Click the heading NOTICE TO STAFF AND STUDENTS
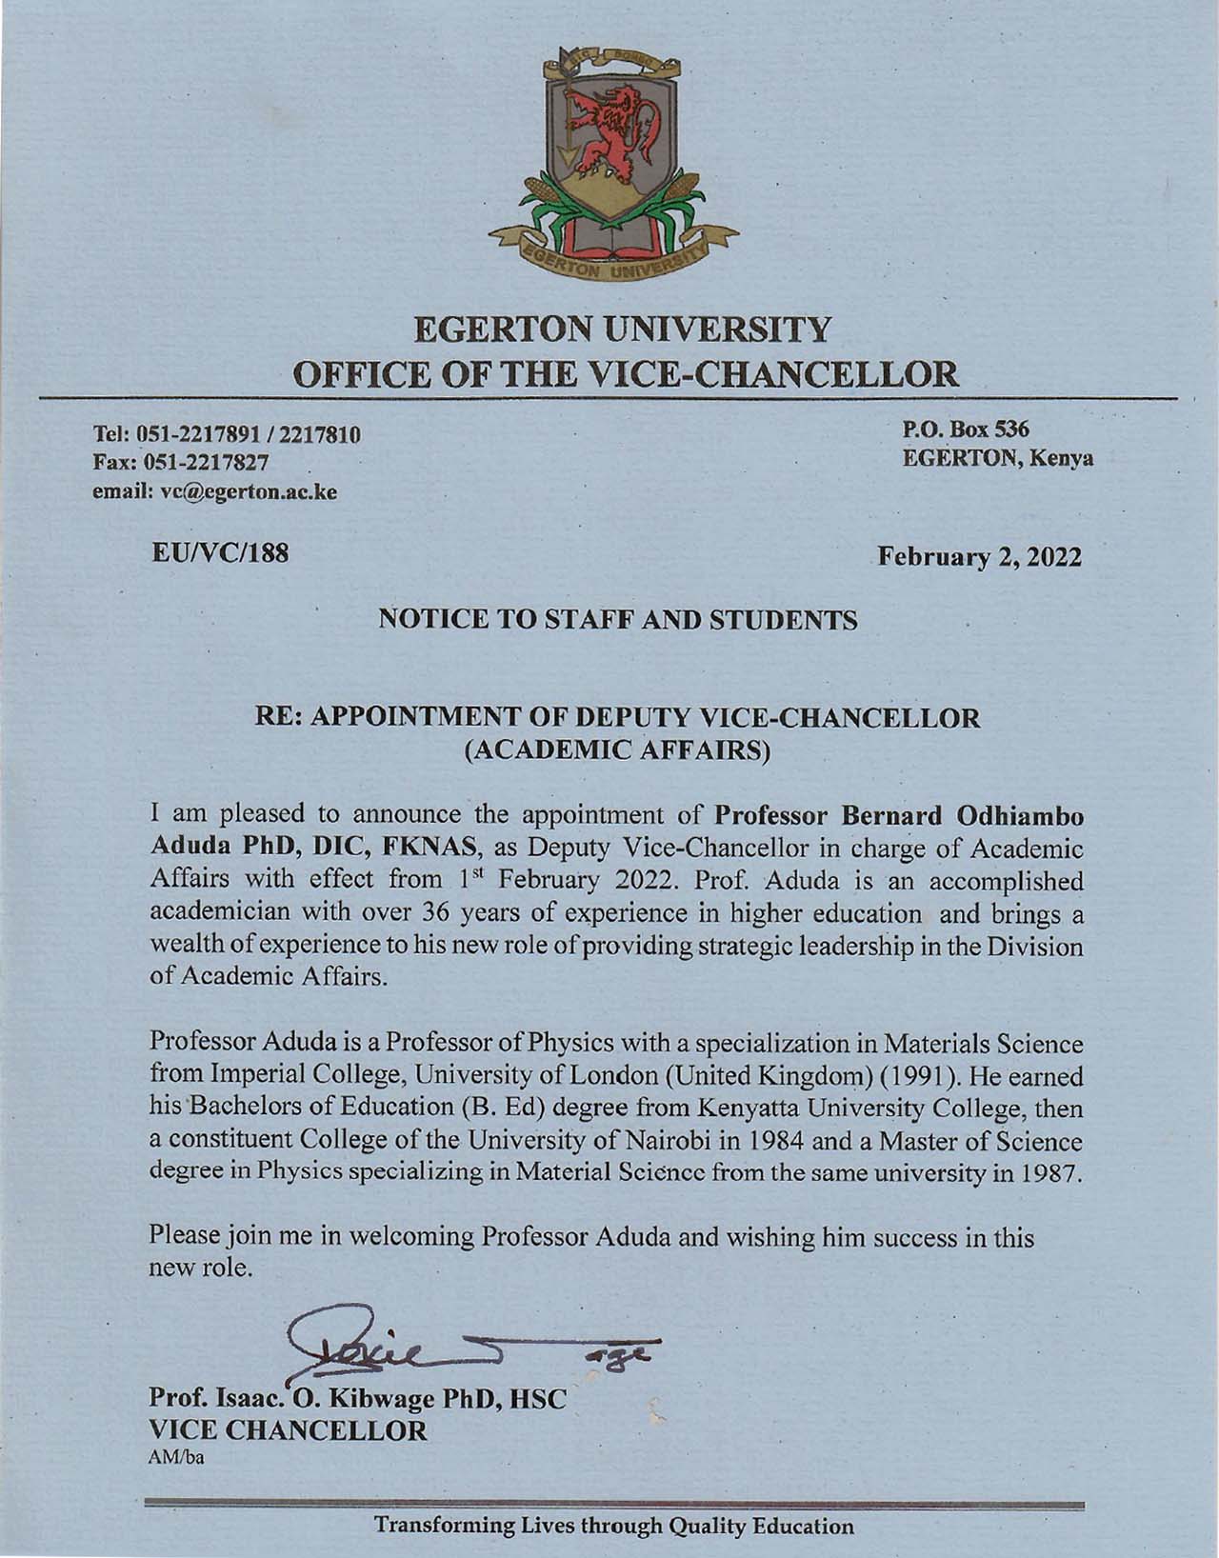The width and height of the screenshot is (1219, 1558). point(618,621)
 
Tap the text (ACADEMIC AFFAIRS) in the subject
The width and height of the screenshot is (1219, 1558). point(617,750)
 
